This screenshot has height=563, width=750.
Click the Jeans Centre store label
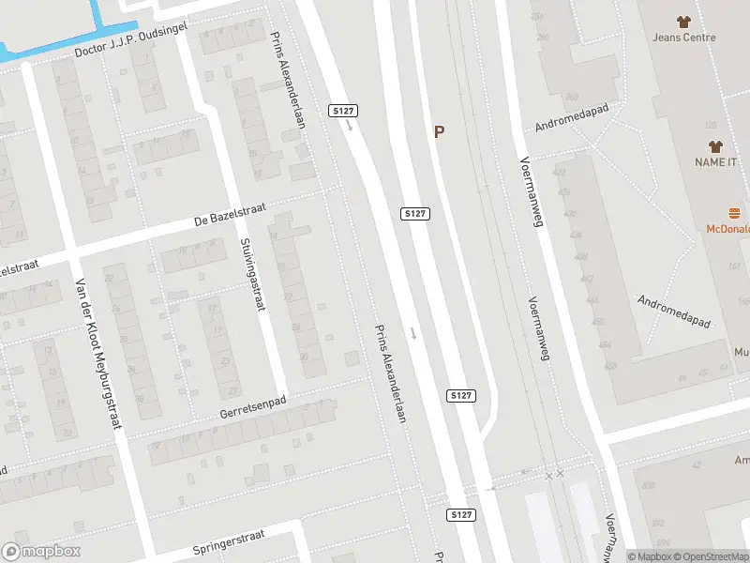point(684,38)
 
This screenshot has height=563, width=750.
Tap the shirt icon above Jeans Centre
point(683,22)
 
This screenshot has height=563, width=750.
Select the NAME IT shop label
point(716,162)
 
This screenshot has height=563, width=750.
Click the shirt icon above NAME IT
point(717,146)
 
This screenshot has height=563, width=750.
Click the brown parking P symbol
point(439,132)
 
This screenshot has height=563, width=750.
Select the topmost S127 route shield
point(344,111)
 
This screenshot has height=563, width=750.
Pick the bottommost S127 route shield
point(460,515)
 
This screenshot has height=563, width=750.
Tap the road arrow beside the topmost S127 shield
point(349,125)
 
